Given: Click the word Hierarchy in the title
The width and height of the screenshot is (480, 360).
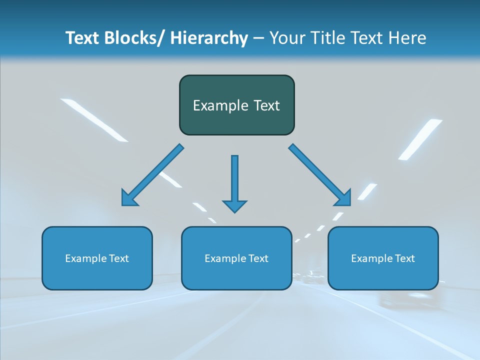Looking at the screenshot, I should coord(209,38).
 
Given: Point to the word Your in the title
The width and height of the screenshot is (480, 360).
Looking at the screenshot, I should coord(287,38).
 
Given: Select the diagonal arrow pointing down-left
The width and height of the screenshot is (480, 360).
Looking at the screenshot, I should coord(152,174).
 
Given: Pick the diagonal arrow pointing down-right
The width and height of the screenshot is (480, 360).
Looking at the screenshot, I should coord(320,174).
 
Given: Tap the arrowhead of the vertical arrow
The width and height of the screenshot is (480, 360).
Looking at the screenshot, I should coord(234,206).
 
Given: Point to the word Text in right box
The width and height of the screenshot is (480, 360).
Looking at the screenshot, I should coord(404,258).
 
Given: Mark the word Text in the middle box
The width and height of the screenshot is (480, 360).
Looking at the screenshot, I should coord(258,258).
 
